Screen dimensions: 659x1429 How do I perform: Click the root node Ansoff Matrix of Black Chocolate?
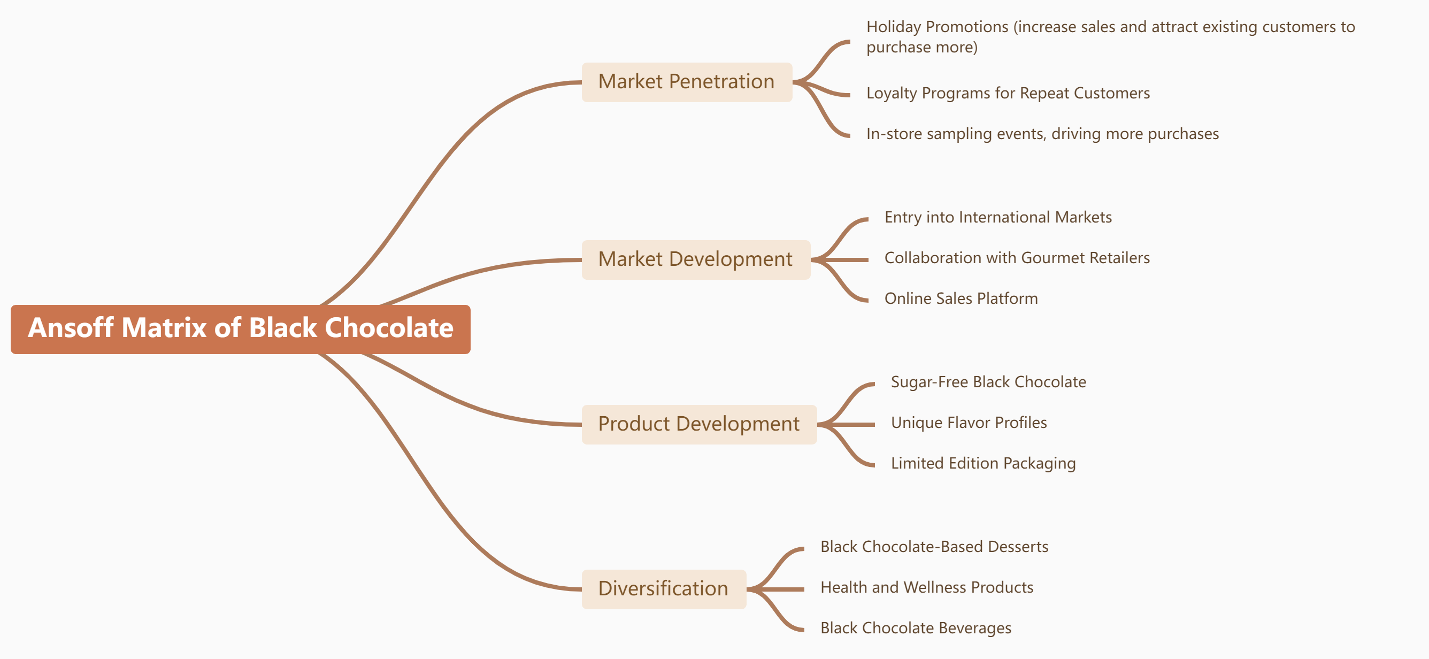click(240, 328)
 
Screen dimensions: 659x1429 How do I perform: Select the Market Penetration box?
click(686, 82)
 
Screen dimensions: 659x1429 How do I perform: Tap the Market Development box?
click(695, 259)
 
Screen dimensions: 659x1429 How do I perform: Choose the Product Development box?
click(698, 424)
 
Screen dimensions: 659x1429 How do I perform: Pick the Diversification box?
click(663, 589)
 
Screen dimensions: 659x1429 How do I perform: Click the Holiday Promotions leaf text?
click(1110, 36)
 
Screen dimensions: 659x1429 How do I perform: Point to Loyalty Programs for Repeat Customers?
click(1008, 93)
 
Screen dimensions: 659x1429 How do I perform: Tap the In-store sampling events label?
click(1042, 134)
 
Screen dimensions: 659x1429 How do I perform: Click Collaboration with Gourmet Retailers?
click(1016, 258)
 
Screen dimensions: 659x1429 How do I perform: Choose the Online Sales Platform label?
click(961, 298)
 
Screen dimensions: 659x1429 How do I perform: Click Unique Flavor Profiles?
click(969, 423)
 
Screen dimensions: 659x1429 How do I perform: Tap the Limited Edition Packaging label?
click(982, 463)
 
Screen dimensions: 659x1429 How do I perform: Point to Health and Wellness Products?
click(926, 587)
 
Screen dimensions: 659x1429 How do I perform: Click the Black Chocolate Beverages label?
click(915, 628)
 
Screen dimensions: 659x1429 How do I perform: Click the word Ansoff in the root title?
click(71, 328)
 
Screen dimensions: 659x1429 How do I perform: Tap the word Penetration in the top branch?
click(721, 82)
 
